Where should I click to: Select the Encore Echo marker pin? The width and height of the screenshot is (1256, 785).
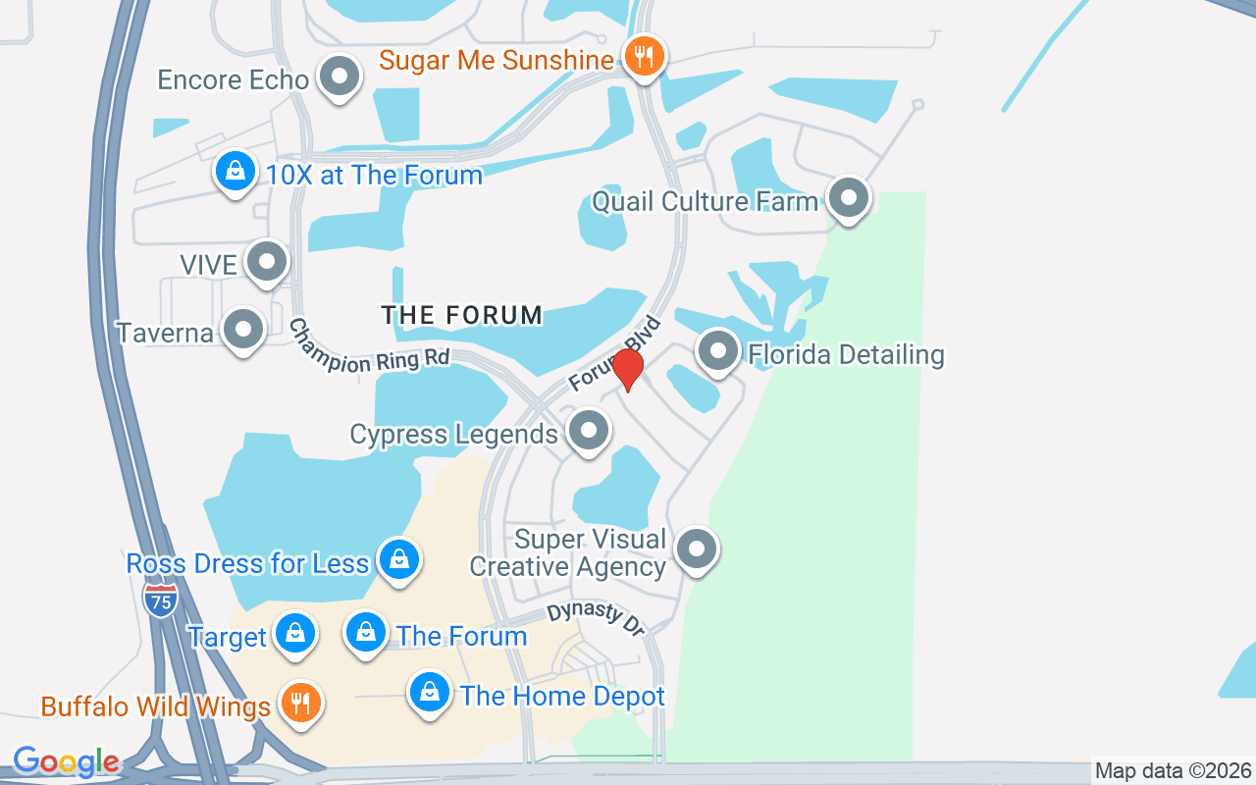[x=340, y=76]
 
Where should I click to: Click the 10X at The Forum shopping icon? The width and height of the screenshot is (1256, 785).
[x=235, y=171]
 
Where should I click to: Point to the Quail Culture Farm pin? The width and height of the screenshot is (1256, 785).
[x=849, y=198]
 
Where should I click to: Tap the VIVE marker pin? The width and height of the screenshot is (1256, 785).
[x=267, y=261]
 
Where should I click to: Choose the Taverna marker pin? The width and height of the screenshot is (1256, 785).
[x=242, y=330]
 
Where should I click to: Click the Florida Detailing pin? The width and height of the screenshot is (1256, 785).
[x=718, y=350]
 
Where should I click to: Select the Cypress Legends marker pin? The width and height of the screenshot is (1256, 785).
[x=588, y=430]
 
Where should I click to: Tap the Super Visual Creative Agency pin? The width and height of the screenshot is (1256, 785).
[x=697, y=549]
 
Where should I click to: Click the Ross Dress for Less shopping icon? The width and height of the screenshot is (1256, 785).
[x=398, y=559]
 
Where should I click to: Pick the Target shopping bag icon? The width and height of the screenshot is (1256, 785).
[x=294, y=634]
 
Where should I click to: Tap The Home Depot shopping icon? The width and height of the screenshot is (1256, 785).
[x=429, y=693]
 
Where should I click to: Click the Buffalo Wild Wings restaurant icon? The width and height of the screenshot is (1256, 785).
[x=301, y=703]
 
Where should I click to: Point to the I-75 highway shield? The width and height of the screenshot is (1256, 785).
[x=160, y=600]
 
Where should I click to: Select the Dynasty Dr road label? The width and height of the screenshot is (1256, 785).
[x=596, y=618]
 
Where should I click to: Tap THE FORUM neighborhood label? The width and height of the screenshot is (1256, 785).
[x=461, y=315]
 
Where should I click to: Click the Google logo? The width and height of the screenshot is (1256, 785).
[x=66, y=761]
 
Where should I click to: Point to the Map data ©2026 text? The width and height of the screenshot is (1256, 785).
[x=1173, y=771]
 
